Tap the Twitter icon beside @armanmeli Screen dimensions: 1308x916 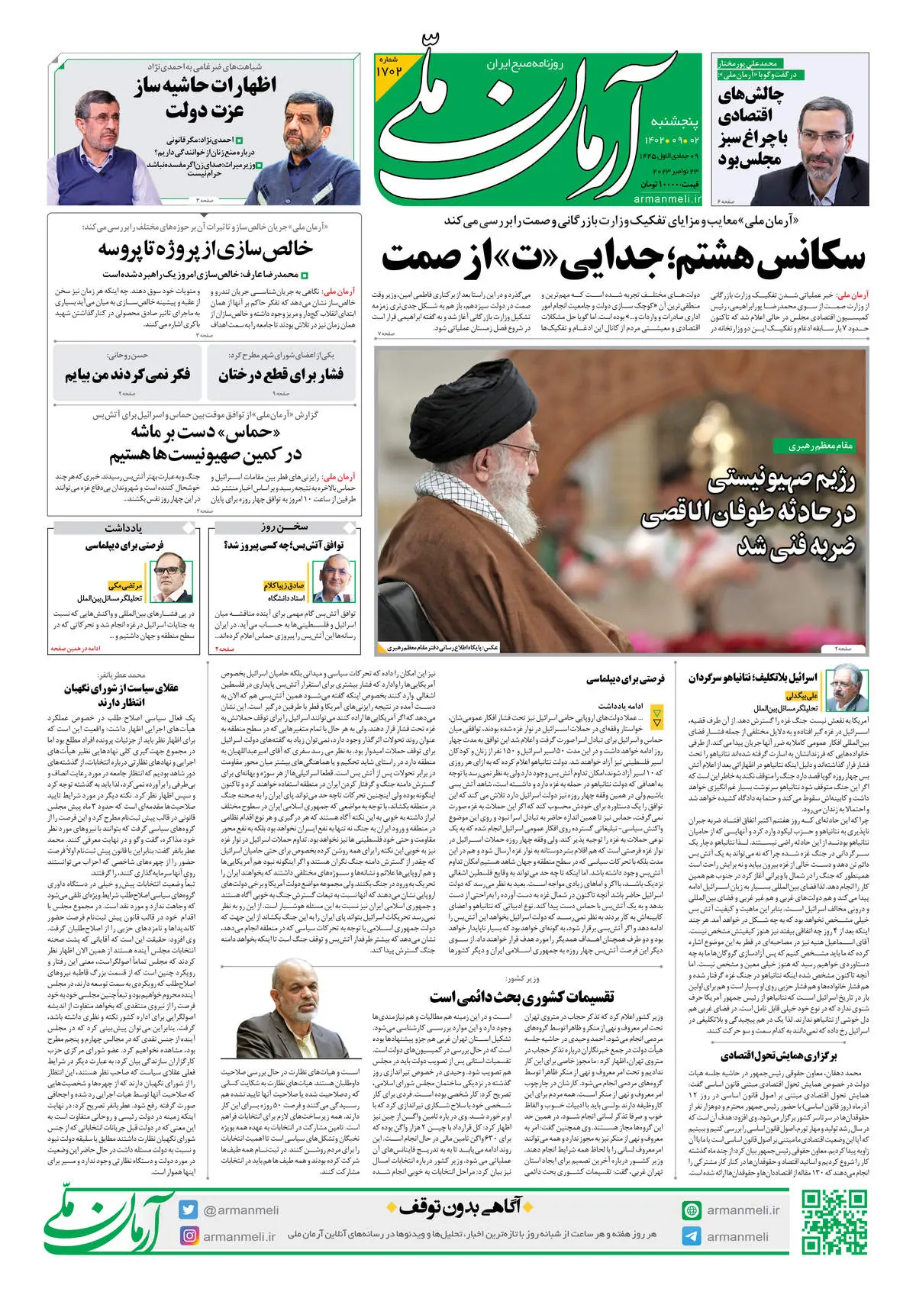pyautogui.click(x=189, y=1210)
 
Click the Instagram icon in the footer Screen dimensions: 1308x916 pyautogui.click(x=189, y=1236)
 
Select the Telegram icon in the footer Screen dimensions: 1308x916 pyautogui.click(x=691, y=1236)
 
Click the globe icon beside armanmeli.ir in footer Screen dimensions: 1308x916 pyautogui.click(x=691, y=1210)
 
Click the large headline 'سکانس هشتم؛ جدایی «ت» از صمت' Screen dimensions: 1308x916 pyautogui.click(x=623, y=256)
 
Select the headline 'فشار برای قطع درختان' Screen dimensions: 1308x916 pyautogui.click(x=281, y=374)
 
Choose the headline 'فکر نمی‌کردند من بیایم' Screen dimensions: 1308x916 pyautogui.click(x=127, y=374)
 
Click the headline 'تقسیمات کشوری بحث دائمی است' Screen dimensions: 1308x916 pyautogui.click(x=521, y=997)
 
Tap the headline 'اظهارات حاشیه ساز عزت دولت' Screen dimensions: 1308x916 pyautogui.click(x=205, y=97)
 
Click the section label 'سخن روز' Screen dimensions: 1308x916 pyautogui.click(x=284, y=527)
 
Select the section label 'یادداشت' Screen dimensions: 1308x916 pyautogui.click(x=124, y=527)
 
